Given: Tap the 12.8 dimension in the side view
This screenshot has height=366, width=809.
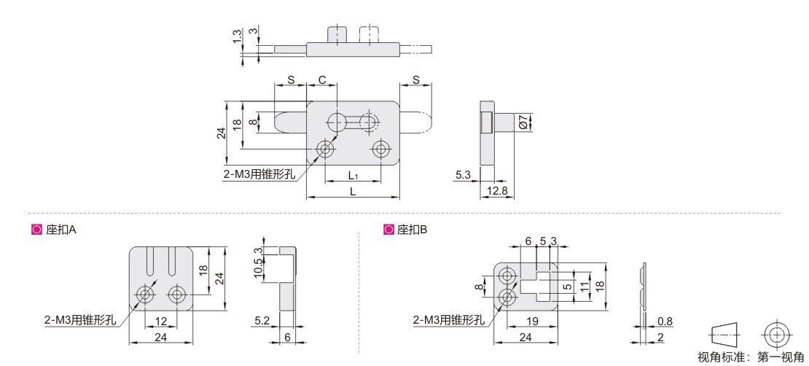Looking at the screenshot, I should [498, 191].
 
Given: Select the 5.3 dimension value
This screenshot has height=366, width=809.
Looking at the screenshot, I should [463, 175].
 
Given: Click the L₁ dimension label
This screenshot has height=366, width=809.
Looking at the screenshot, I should [353, 176].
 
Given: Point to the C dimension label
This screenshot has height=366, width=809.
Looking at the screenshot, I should [321, 79].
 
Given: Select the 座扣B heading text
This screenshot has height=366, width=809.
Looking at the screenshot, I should [413, 229].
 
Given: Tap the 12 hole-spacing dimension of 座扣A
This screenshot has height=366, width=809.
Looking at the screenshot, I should [160, 322].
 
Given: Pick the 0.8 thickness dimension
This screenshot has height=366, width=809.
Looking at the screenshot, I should [664, 320].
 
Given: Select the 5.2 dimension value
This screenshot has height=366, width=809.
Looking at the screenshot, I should [264, 320].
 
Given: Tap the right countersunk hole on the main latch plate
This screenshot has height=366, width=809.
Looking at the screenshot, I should [380, 149].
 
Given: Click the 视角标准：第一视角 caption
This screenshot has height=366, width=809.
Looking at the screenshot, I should [750, 357].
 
